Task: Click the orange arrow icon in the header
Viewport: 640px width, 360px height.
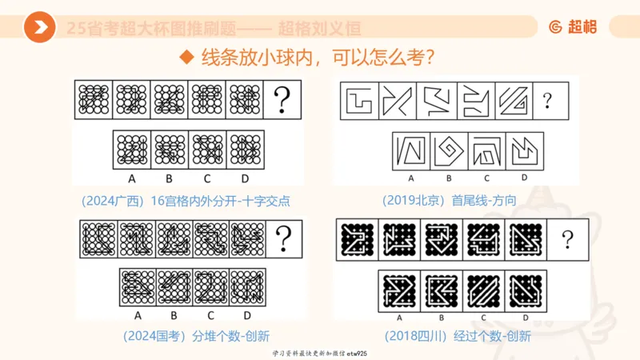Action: coord(39,29)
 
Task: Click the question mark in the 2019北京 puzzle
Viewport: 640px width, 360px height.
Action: coord(547,101)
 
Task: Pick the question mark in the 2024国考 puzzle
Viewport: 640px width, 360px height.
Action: coord(282,238)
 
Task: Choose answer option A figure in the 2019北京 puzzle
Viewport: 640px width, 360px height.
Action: coord(411,150)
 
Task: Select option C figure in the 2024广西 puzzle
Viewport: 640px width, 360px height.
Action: coord(207,149)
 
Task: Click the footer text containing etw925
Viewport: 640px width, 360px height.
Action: coord(319,353)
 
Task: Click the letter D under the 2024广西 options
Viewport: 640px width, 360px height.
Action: coord(245,178)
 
